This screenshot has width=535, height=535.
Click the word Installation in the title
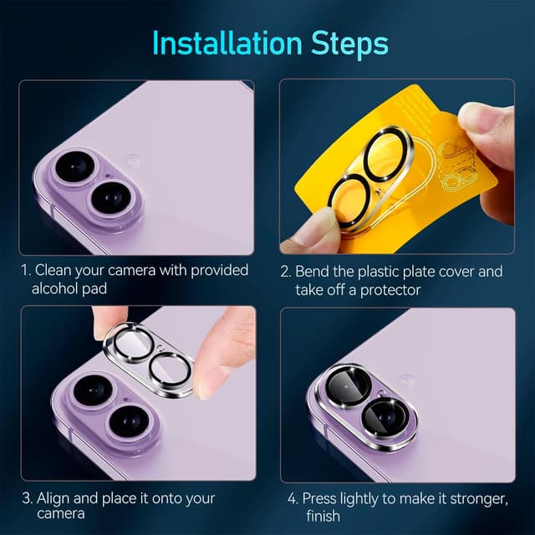pos(227,43)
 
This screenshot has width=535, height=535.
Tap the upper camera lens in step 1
pos(75,167)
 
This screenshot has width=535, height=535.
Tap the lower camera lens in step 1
pos(111,197)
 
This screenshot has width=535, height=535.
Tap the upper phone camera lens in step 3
pos(93,390)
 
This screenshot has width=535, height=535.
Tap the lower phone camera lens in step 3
pos(130,421)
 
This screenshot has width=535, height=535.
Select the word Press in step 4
pos(319,498)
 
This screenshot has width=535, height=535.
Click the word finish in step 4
pos(323,516)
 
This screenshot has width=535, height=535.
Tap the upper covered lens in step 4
pos(348,387)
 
